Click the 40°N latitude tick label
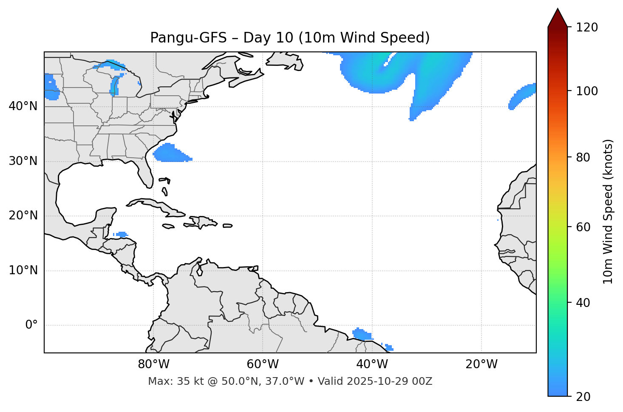[23, 106]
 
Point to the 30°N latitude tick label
[23, 161]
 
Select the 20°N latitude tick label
[23, 216]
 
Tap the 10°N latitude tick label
[23, 270]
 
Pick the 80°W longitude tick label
[153, 364]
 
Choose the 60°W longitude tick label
[263, 364]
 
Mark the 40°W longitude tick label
[372, 364]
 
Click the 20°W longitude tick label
[481, 364]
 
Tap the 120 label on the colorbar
[587, 27]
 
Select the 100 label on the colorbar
[587, 91]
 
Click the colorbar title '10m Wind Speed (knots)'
[608, 211]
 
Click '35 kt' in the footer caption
[183, 381]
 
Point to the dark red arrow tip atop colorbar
[558, 17]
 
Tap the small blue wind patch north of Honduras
[122, 234]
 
